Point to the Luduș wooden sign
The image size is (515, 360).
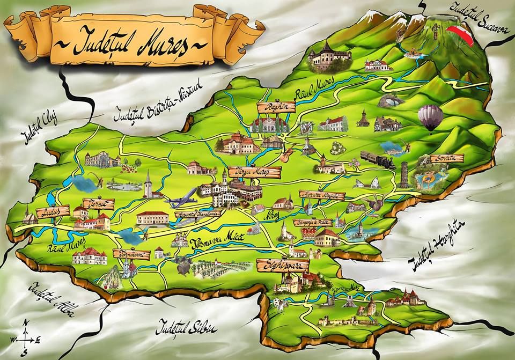point(53,210)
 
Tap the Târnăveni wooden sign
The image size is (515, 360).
point(131,254)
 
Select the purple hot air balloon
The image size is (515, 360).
point(430,116)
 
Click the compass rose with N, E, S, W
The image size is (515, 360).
point(25,338)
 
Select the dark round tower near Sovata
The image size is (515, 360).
point(404,174)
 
